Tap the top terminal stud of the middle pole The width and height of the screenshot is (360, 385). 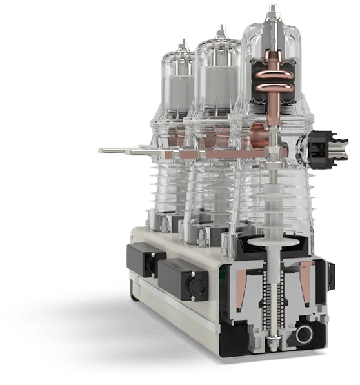[x=222, y=30]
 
